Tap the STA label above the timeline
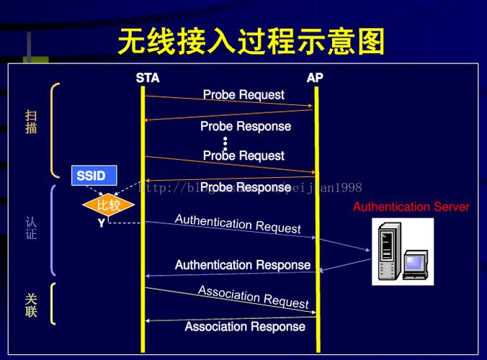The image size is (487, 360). click(x=148, y=78)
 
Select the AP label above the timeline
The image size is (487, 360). click(x=315, y=78)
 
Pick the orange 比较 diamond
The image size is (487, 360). click(x=108, y=205)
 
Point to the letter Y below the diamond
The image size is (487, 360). click(x=102, y=224)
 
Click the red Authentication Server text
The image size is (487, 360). click(x=411, y=207)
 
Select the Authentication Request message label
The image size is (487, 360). click(x=238, y=224)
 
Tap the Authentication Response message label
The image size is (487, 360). click(x=242, y=265)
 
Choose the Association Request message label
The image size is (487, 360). click(x=254, y=297)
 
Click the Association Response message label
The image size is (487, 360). click(x=245, y=327)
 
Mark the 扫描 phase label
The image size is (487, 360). click(x=31, y=122)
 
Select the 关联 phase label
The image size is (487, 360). click(x=31, y=305)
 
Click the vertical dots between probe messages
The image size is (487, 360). click(x=225, y=143)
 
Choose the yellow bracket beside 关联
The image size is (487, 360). click(x=53, y=305)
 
